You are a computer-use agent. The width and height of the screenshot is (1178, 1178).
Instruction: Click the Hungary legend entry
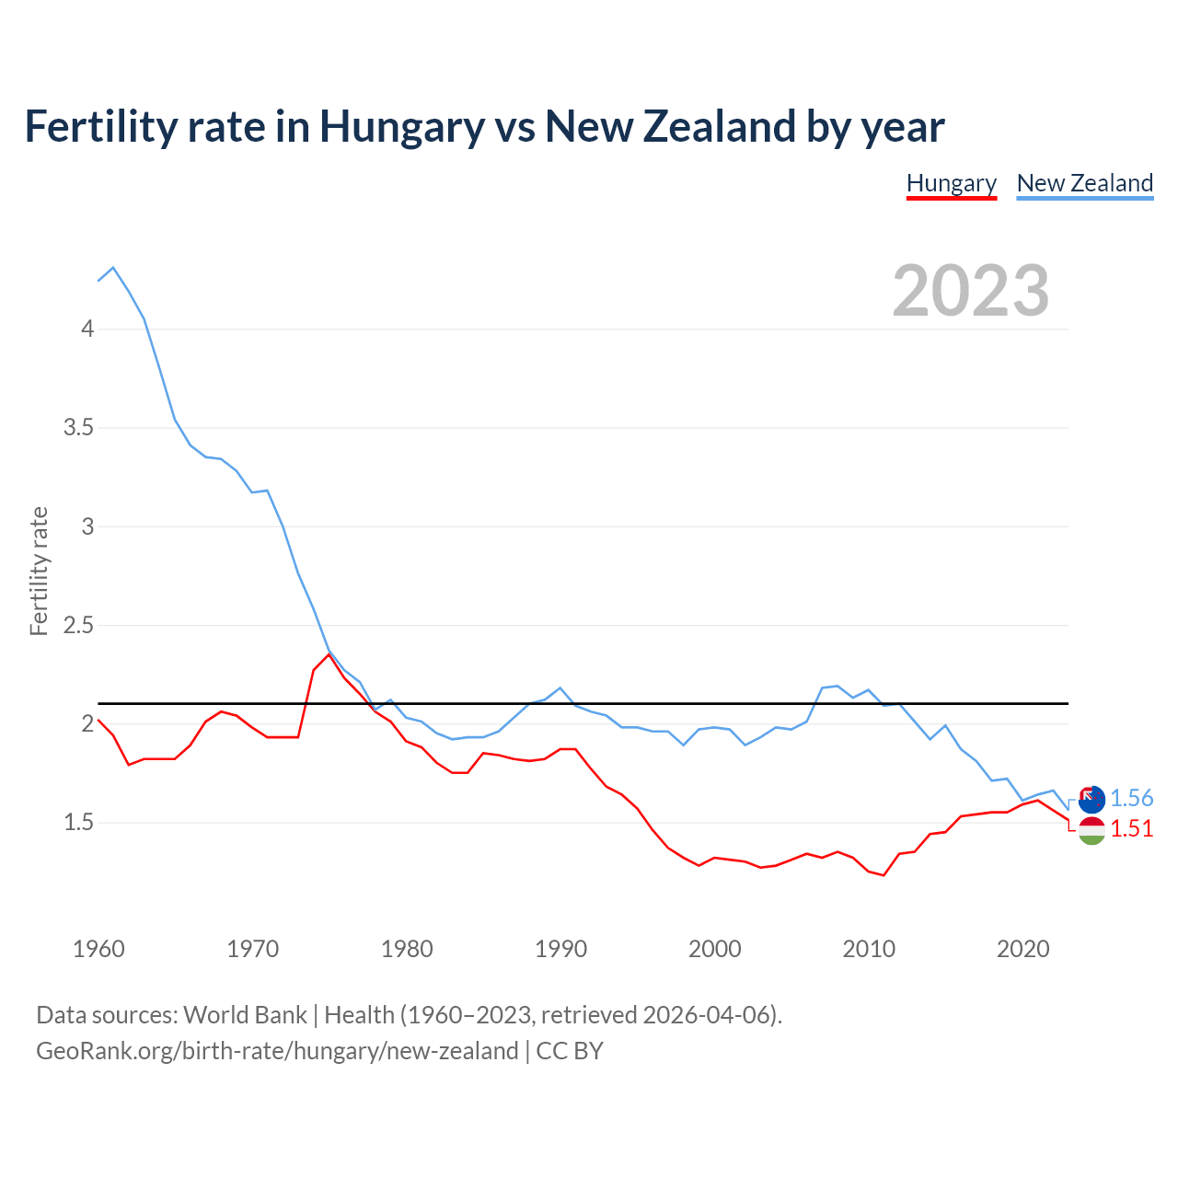(951, 183)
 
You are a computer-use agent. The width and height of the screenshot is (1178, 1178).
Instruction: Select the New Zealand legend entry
(1084, 183)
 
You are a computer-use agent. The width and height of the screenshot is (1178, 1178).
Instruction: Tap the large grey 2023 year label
(970, 291)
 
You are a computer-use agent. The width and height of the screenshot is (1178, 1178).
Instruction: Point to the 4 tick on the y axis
(87, 329)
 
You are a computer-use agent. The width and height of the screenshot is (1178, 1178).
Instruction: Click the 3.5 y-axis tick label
(78, 427)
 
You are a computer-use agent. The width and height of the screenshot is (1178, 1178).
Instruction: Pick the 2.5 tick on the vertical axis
(78, 625)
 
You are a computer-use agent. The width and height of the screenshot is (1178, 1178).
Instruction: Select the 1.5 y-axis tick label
(78, 822)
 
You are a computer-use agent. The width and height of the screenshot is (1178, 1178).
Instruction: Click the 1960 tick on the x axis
(98, 949)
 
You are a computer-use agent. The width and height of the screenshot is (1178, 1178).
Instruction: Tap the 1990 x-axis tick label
(560, 949)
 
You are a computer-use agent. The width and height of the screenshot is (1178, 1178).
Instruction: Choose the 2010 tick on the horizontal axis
(868, 949)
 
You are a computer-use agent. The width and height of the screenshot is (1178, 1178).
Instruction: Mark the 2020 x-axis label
(1022, 949)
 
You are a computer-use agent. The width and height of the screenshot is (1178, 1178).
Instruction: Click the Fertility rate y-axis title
(39, 571)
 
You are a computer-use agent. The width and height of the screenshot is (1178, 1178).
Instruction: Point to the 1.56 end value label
(1131, 798)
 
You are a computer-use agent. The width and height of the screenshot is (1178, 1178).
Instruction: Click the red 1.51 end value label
(1131, 828)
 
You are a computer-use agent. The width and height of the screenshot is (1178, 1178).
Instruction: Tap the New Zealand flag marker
(1091, 799)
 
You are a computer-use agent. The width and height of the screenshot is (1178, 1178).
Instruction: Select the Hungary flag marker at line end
(1091, 830)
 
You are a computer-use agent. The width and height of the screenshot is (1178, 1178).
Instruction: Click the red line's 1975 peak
(329, 654)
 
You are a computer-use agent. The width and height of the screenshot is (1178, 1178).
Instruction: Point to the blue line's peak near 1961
(113, 268)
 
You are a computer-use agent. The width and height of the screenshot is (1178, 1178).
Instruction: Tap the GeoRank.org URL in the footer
(277, 1051)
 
